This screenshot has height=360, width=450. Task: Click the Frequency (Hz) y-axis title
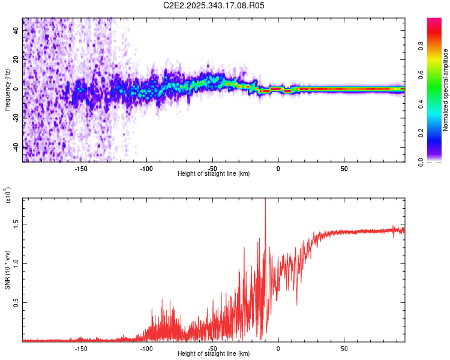pyautogui.click(x=8, y=89)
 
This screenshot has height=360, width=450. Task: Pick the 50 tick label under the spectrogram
pyautogui.click(x=344, y=169)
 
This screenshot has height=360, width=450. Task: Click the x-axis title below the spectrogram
pyautogui.click(x=214, y=174)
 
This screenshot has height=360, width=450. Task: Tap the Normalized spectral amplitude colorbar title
pyautogui.click(x=445, y=90)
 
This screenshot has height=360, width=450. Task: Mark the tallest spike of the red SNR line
pyautogui.click(x=265, y=200)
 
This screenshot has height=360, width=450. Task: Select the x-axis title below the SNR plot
pyautogui.click(x=214, y=354)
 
